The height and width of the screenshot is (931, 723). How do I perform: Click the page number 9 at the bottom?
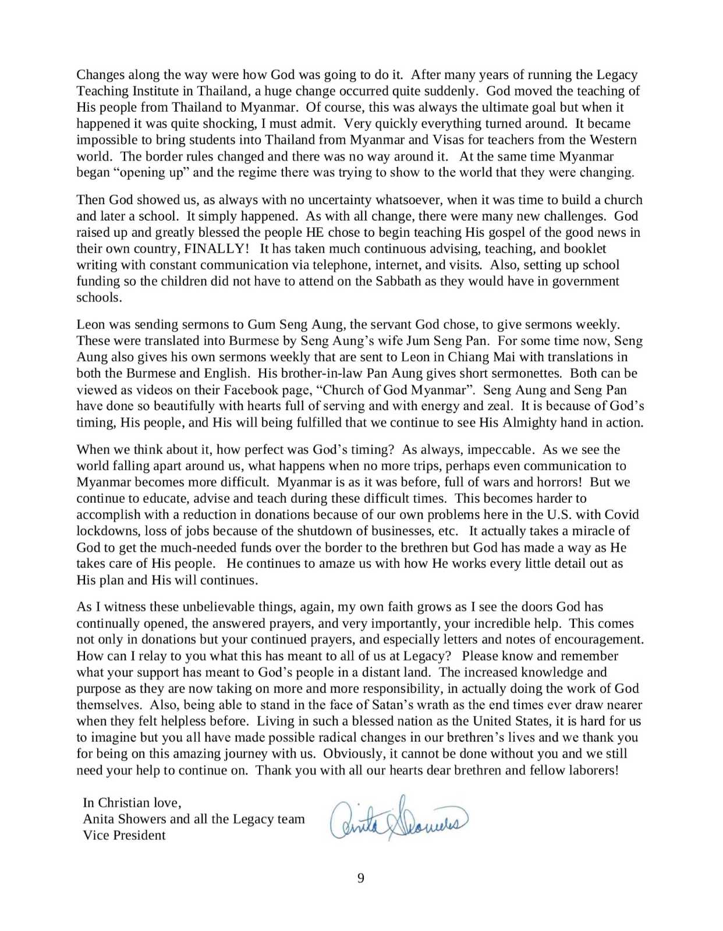(360, 878)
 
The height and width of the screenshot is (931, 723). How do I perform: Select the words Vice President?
(124, 836)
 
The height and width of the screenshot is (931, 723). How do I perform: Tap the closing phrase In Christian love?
(132, 803)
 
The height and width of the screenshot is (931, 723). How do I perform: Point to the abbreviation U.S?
(561, 515)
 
